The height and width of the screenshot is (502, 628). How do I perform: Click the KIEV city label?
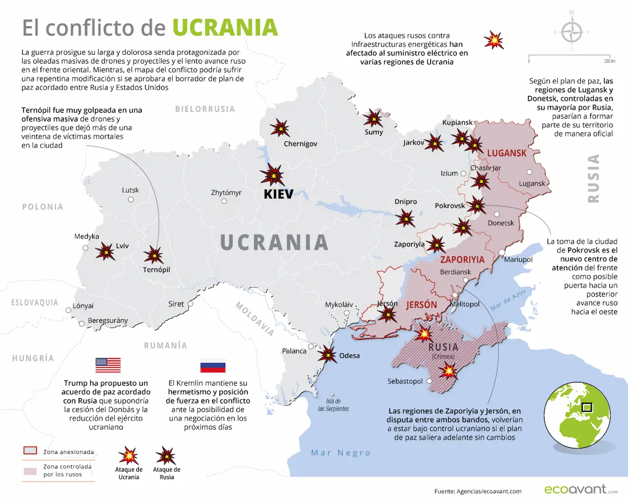tap(278, 194)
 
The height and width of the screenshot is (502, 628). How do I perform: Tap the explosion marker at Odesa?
tap(327, 353)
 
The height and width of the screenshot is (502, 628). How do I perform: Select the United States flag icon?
tap(108, 365)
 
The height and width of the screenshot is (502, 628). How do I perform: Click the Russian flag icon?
tap(212, 367)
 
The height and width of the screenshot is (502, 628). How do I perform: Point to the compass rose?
tap(571, 32)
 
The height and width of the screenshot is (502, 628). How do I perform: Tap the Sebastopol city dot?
tap(429, 381)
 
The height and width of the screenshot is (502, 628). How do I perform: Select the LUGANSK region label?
tap(506, 153)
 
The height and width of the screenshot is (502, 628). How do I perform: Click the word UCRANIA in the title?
tap(225, 28)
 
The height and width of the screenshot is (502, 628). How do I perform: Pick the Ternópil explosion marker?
tap(154, 255)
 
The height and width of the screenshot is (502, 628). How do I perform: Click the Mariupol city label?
tap(518, 259)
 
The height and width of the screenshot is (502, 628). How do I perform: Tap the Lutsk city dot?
tap(131, 200)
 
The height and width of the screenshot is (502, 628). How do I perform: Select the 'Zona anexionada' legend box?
tap(30, 451)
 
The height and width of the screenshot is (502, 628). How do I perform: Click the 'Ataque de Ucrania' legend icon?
tap(129, 455)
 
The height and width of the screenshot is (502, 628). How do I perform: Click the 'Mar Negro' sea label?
tap(340, 452)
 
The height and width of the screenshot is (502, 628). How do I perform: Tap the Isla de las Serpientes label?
tap(333, 405)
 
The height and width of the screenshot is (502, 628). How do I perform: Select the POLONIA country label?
tap(43, 207)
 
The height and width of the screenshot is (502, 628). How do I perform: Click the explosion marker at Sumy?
tap(373, 119)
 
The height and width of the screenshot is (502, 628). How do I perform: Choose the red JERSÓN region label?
tap(421, 305)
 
